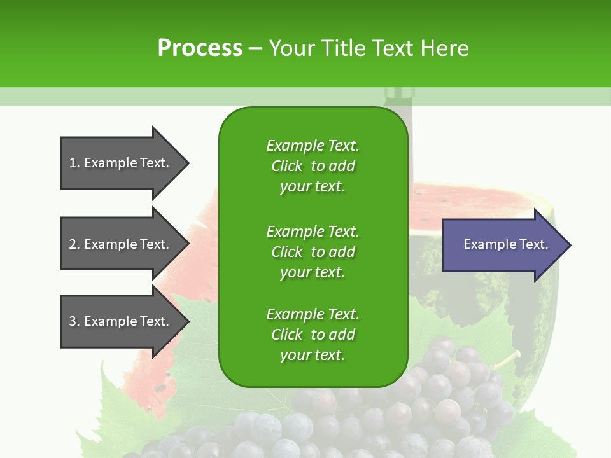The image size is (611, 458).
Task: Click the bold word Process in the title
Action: [200, 48]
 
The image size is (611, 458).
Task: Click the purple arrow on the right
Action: [503, 245]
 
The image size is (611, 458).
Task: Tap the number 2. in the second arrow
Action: [74, 244]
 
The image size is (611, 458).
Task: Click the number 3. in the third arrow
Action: [74, 321]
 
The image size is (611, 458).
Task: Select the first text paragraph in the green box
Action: [313, 166]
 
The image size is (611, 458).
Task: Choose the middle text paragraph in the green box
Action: [313, 252]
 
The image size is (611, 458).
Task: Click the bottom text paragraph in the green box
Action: [313, 335]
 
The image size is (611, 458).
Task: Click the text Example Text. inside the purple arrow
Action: [505, 244]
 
